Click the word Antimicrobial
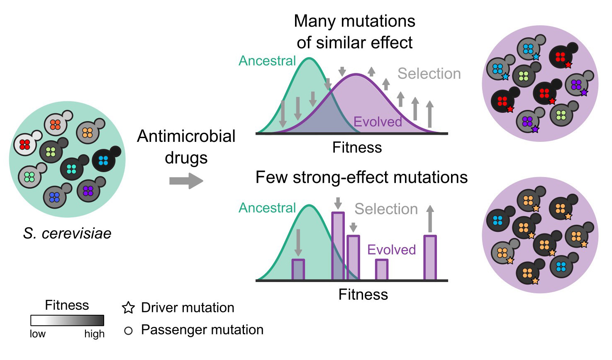pos(186,136)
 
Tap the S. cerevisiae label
pos(67,234)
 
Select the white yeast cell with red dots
pos(25,144)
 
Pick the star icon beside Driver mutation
pos(129,308)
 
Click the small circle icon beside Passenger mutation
pos(129,331)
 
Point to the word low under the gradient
pos(37,334)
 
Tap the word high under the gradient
pos(94,334)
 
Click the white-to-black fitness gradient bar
pos(67,321)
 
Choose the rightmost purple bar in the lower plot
pos(430,258)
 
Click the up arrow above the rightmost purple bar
pos(430,219)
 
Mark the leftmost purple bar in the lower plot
pos(298,270)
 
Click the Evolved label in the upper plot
pos(378,122)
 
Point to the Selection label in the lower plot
pos(386,209)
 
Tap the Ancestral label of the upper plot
pos(267,61)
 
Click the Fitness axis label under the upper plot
pos(357,148)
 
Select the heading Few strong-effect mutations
pos(361,178)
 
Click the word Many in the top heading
pos(314,21)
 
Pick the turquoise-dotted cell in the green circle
pos(72,169)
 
